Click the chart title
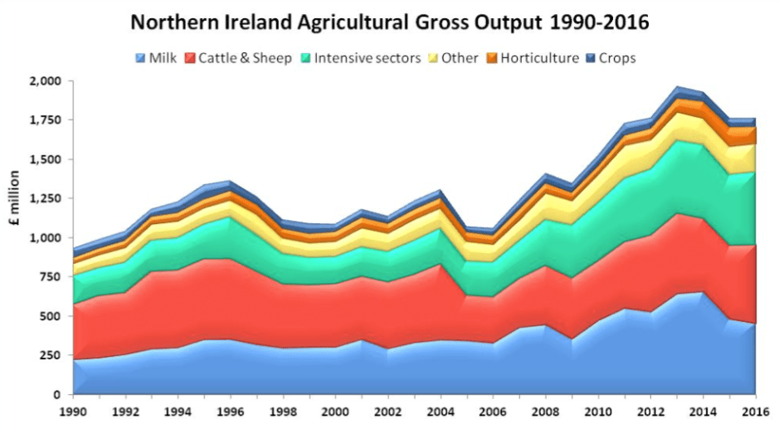(389, 22)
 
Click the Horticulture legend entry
(531, 58)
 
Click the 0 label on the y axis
(57, 395)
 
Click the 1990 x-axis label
(73, 411)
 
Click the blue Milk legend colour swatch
(139, 58)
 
